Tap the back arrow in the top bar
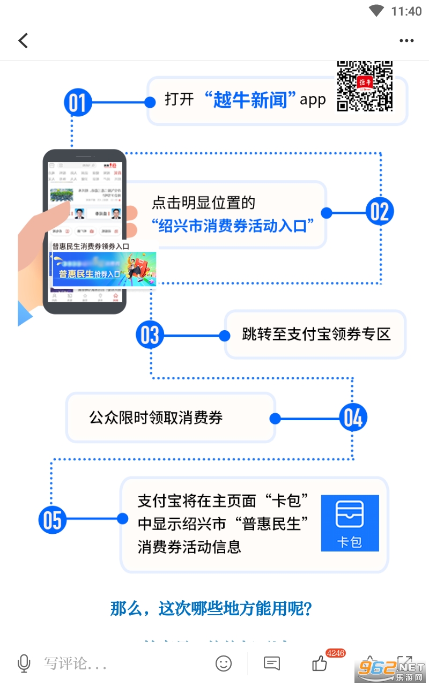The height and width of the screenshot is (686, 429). coord(23,41)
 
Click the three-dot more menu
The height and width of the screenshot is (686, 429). coord(406,41)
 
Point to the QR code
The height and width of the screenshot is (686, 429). coord(365,86)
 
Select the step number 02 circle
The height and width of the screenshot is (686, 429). coord(380,212)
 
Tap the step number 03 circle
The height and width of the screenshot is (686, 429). coord(150,335)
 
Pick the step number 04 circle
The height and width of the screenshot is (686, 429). coord(353,418)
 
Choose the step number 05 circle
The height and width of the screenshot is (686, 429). coord(53,519)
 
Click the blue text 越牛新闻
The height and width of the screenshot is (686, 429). coord(250,100)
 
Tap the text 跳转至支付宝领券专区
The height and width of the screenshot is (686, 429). coord(316,334)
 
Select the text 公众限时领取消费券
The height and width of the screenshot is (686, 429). coord(156,417)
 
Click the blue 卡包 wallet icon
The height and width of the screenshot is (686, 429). coord(350,523)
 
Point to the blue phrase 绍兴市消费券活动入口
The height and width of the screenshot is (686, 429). coord(232,226)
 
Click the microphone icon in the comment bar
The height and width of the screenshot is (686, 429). coord(24,663)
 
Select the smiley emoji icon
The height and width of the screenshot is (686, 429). coord(224,663)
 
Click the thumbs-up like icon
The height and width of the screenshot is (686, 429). coord(320,663)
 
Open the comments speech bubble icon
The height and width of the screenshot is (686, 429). coord(272,663)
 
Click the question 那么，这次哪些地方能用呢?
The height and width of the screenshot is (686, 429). coord(211,608)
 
